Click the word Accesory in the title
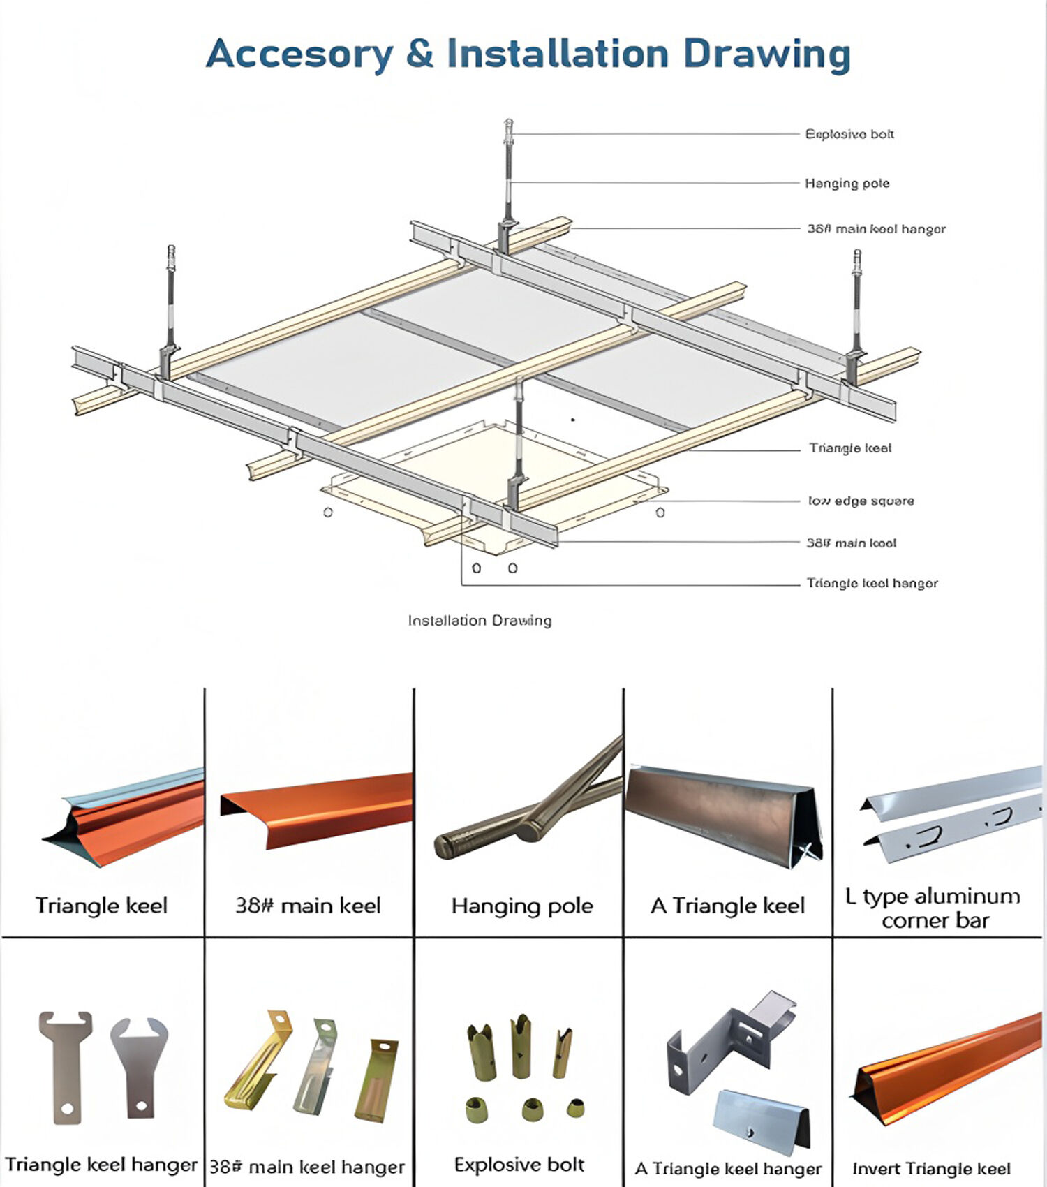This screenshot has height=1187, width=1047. (299, 54)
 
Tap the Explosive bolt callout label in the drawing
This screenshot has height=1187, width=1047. (849, 134)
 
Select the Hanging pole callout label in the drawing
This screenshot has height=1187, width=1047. (847, 184)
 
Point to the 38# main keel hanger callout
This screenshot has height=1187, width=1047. (876, 229)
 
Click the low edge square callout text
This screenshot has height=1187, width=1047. (861, 501)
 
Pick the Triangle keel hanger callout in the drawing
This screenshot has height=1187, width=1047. (872, 583)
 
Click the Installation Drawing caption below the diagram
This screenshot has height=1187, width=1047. (480, 620)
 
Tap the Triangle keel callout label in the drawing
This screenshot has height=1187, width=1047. (850, 448)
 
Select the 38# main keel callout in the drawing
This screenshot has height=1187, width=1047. (851, 543)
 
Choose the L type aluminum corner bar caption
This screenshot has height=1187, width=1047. (934, 908)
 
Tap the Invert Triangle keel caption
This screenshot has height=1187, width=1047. (931, 1168)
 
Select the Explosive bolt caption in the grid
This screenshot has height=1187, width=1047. (519, 1164)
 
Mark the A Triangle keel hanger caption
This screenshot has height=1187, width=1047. (727, 1168)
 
